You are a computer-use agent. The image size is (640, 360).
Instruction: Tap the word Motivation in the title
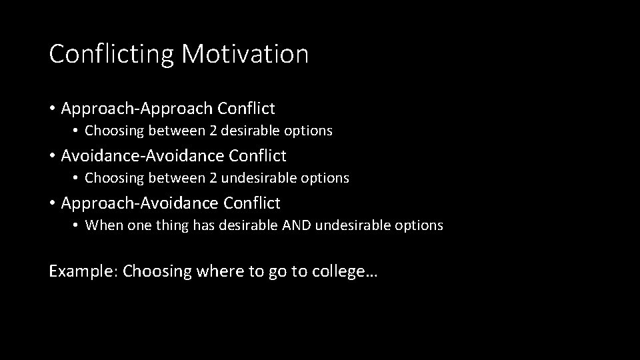point(245,54)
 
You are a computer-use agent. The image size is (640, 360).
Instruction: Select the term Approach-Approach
point(136,108)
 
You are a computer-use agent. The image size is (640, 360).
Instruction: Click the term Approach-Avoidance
point(139,203)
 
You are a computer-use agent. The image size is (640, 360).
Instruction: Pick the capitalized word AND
point(297,225)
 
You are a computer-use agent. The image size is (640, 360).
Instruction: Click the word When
point(100,225)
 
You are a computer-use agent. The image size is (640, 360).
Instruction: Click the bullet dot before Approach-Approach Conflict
point(52,108)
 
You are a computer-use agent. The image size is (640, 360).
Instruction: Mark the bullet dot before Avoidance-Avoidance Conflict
point(52,156)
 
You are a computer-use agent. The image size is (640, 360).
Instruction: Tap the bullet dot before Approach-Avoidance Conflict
point(52,203)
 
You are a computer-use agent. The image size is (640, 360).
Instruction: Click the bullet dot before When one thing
point(77,225)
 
